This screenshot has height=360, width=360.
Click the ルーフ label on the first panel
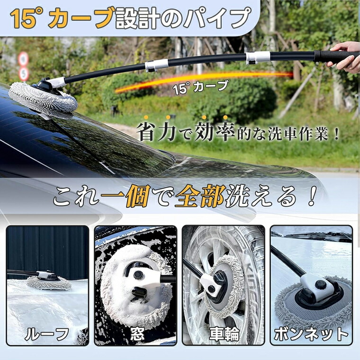pyautogui.click(x=47, y=334)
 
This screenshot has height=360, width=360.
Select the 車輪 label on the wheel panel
pyautogui.click(x=224, y=334)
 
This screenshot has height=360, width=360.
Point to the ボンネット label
pyautogui.click(x=312, y=334)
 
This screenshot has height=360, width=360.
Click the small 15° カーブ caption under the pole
pyautogui.click(x=201, y=87)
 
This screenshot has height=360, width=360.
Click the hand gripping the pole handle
pyautogui.click(x=344, y=56)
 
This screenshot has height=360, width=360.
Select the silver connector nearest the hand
pyautogui.click(x=258, y=57)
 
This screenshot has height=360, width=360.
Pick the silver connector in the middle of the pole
pyautogui.click(x=157, y=65)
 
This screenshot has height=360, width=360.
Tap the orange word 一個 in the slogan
pyautogui.click(x=126, y=197)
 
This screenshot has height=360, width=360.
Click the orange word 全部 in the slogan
pyautogui.click(x=200, y=197)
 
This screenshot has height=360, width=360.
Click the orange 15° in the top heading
pyautogui.click(x=25, y=18)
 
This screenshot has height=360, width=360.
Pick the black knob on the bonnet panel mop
pyautogui.click(x=320, y=285)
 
